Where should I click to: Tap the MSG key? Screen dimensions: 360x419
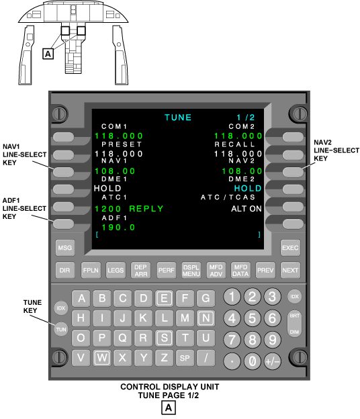[x=65, y=248]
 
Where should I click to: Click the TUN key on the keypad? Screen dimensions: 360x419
[x=61, y=330]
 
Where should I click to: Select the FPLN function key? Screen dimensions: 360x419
[x=91, y=270]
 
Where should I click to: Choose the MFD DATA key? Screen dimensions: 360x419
[x=240, y=270]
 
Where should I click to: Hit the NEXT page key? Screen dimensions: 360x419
[x=290, y=270]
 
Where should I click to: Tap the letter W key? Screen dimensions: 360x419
[x=102, y=357]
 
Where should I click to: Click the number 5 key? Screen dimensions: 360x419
[x=252, y=318]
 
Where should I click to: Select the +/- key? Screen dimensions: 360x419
[x=272, y=361]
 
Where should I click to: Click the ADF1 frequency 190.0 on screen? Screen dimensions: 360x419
[x=118, y=228]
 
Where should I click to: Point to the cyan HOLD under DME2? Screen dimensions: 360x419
[x=248, y=189]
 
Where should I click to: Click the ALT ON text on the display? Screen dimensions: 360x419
[x=246, y=209]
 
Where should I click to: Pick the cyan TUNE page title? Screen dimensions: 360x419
[x=178, y=118]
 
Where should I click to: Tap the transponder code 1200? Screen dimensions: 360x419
[x=108, y=209]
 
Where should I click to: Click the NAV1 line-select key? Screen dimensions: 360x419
[x=63, y=172]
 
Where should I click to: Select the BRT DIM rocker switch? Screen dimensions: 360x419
[x=295, y=324]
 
